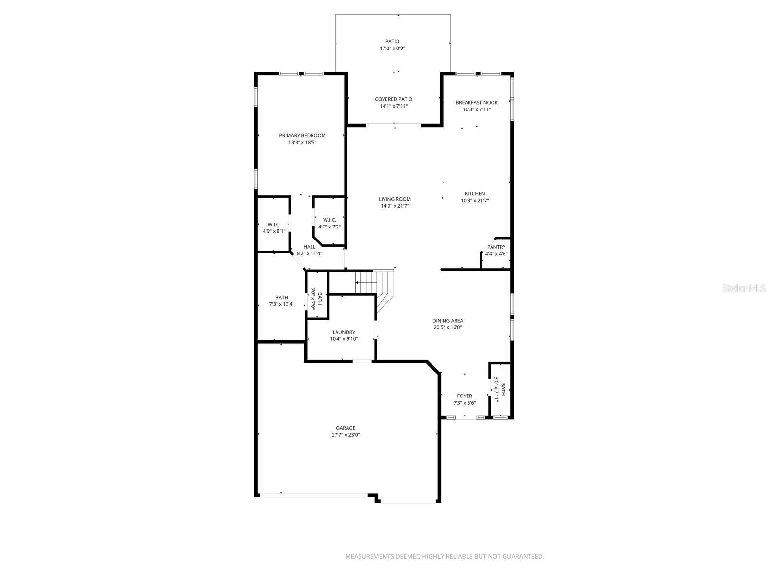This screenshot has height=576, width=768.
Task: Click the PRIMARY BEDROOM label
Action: (302, 136)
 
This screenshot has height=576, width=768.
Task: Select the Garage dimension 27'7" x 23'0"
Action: (345, 435)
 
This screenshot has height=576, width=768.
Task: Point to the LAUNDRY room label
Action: (344, 332)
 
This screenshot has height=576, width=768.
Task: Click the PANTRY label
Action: (496, 247)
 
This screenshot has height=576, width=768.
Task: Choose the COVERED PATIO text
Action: (394, 99)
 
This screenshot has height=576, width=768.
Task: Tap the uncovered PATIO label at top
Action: (392, 42)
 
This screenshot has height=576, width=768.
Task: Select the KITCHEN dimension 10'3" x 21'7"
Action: (474, 201)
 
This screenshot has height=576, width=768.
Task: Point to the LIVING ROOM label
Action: (395, 199)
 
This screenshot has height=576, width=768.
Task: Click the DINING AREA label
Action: (447, 321)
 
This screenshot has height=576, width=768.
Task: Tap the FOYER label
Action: (464, 396)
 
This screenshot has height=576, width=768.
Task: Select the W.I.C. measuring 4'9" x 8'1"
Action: (274, 228)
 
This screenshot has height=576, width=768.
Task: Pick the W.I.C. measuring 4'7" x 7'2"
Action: (329, 223)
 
